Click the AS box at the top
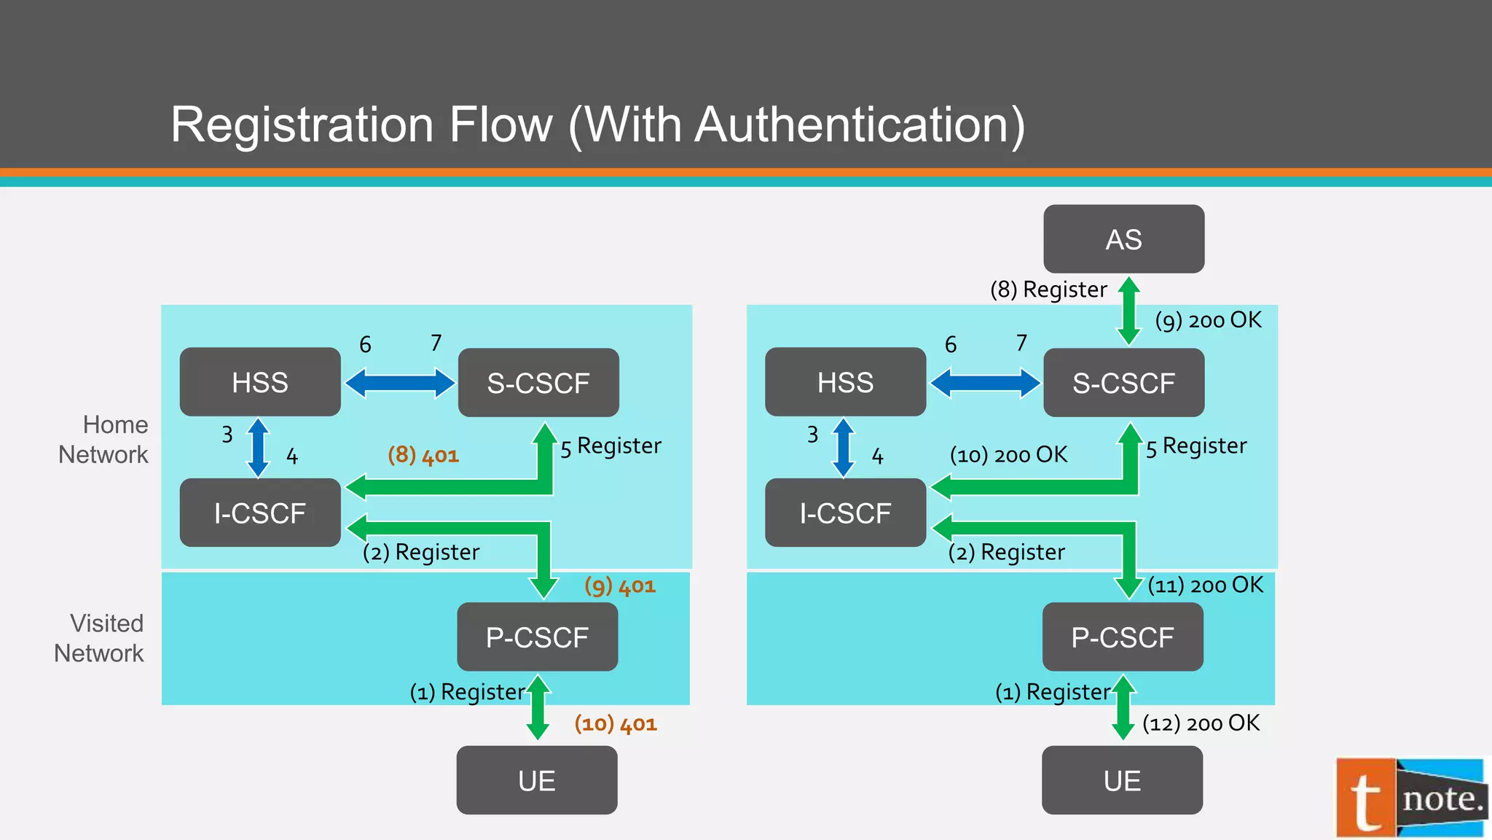[x=1123, y=239]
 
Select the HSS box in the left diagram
[x=260, y=382]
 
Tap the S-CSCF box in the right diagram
[x=1123, y=383]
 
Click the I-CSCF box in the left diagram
[x=260, y=513]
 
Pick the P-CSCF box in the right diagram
[x=1122, y=637]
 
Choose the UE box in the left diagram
[x=537, y=780]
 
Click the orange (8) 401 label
[x=423, y=455]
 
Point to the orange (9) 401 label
[x=620, y=586]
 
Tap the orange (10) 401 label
[x=616, y=723]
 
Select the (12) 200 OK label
[x=1201, y=723]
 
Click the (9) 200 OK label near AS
[x=1209, y=320]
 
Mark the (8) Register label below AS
[x=1048, y=289]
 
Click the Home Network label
[x=104, y=440]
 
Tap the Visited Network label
[x=100, y=638]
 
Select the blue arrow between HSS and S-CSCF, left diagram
[x=399, y=383]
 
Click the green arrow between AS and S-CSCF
[x=1128, y=311]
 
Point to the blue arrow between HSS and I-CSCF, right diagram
[x=844, y=447]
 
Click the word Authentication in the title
[x=860, y=125]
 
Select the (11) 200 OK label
[x=1205, y=585]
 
